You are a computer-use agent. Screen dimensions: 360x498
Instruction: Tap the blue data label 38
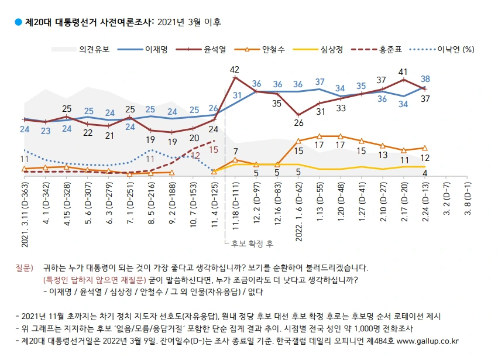coord(426,78)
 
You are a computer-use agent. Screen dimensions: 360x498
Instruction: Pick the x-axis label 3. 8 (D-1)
coord(468,197)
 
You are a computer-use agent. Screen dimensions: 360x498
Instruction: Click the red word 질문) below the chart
coord(24,268)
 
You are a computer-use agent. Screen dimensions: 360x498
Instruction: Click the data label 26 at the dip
coord(298,123)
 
